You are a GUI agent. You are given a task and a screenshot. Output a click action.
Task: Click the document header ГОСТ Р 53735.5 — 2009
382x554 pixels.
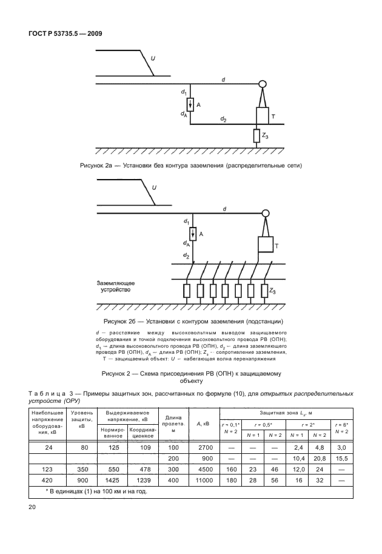(x=64, y=34)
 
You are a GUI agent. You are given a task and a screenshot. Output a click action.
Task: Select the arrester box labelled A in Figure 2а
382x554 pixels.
(x=190, y=104)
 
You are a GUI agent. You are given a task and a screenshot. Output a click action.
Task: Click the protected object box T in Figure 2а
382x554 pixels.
(x=261, y=115)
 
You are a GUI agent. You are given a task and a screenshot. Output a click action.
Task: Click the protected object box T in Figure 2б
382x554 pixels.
(x=265, y=245)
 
